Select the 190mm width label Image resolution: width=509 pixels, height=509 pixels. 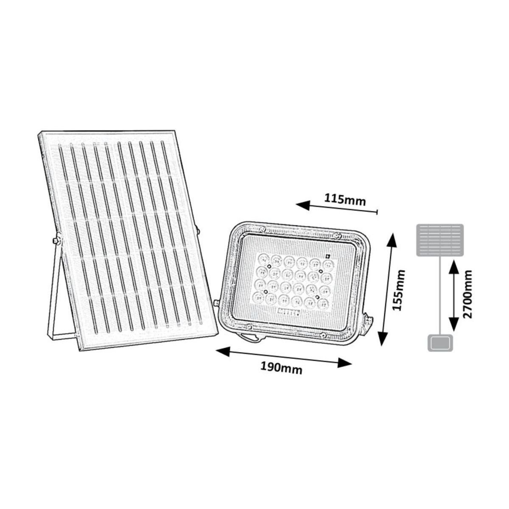click(281, 368)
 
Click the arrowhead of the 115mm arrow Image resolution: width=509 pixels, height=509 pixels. click(302, 205)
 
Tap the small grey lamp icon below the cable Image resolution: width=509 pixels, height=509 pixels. click(440, 343)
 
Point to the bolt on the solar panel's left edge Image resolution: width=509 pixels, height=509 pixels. click(56, 240)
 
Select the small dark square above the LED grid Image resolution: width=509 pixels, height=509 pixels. click(328, 256)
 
